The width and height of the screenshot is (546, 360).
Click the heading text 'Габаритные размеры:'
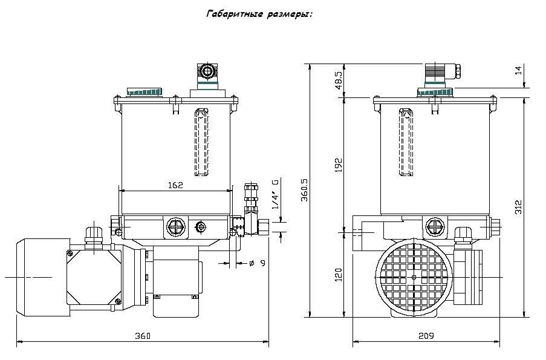point(259,15)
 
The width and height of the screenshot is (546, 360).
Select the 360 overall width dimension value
point(143,336)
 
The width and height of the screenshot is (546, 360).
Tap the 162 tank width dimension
point(175,185)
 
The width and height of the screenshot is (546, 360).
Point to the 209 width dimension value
point(426,336)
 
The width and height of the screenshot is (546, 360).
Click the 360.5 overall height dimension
point(305,190)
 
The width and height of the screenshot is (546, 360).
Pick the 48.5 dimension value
point(339,80)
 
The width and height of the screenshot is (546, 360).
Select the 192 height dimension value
point(339,165)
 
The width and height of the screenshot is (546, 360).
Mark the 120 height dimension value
point(339,275)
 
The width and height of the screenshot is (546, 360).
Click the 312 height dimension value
point(519,207)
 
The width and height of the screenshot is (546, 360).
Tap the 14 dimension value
point(519,70)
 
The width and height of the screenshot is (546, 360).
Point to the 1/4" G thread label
point(276,194)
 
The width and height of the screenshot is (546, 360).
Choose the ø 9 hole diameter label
point(258,263)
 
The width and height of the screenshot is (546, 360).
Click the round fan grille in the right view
point(414,277)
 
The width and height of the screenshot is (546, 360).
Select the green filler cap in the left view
point(145,91)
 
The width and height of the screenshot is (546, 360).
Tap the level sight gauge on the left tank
point(201,142)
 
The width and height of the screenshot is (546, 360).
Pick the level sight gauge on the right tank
point(406,142)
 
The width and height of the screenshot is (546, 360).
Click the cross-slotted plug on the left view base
point(176,227)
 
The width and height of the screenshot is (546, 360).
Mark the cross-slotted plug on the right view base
point(435,227)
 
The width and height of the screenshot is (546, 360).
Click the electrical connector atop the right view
point(442,75)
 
